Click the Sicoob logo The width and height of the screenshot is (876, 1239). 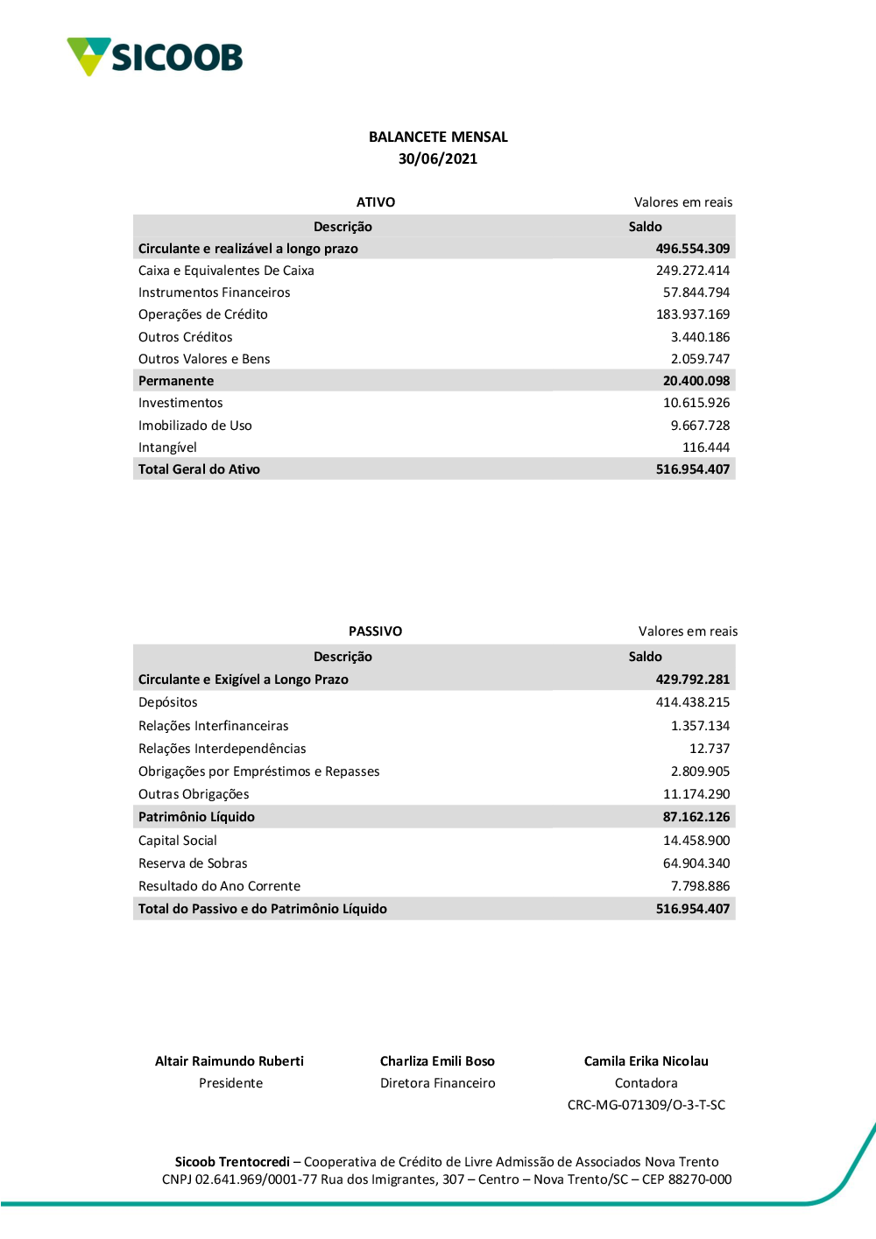154,57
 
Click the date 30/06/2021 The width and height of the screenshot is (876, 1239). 438,158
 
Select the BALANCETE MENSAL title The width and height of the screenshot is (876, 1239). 438,137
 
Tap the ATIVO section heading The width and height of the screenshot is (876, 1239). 376,202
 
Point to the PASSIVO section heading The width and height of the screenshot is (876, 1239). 375,631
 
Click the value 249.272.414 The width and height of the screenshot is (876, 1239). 692,271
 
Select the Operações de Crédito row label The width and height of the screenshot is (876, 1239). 203,314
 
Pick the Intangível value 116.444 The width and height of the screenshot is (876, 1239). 705,447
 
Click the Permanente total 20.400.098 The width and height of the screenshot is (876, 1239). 696,381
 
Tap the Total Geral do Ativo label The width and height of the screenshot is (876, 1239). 199,469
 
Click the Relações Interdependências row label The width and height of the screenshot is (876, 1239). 223,749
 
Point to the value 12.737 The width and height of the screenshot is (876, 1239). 709,749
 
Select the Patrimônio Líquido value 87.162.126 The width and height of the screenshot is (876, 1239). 696,817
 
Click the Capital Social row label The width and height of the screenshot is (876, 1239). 178,841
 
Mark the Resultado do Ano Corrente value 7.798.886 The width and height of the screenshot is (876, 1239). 700,886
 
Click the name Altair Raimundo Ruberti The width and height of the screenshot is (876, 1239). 230,1061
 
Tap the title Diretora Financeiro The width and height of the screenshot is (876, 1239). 438,1083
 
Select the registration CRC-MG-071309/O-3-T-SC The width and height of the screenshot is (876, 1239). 646,1105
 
